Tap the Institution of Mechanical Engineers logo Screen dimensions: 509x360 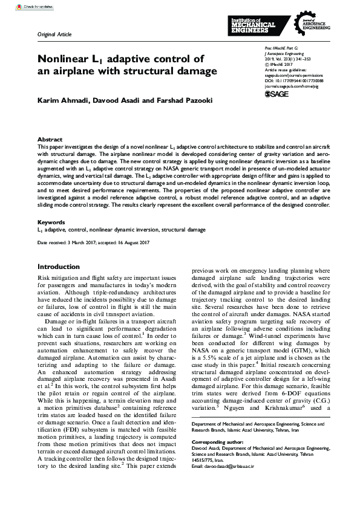(x=252, y=25)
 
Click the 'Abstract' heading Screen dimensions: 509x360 (x=50, y=139)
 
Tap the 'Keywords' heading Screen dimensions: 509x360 (x=51, y=222)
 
